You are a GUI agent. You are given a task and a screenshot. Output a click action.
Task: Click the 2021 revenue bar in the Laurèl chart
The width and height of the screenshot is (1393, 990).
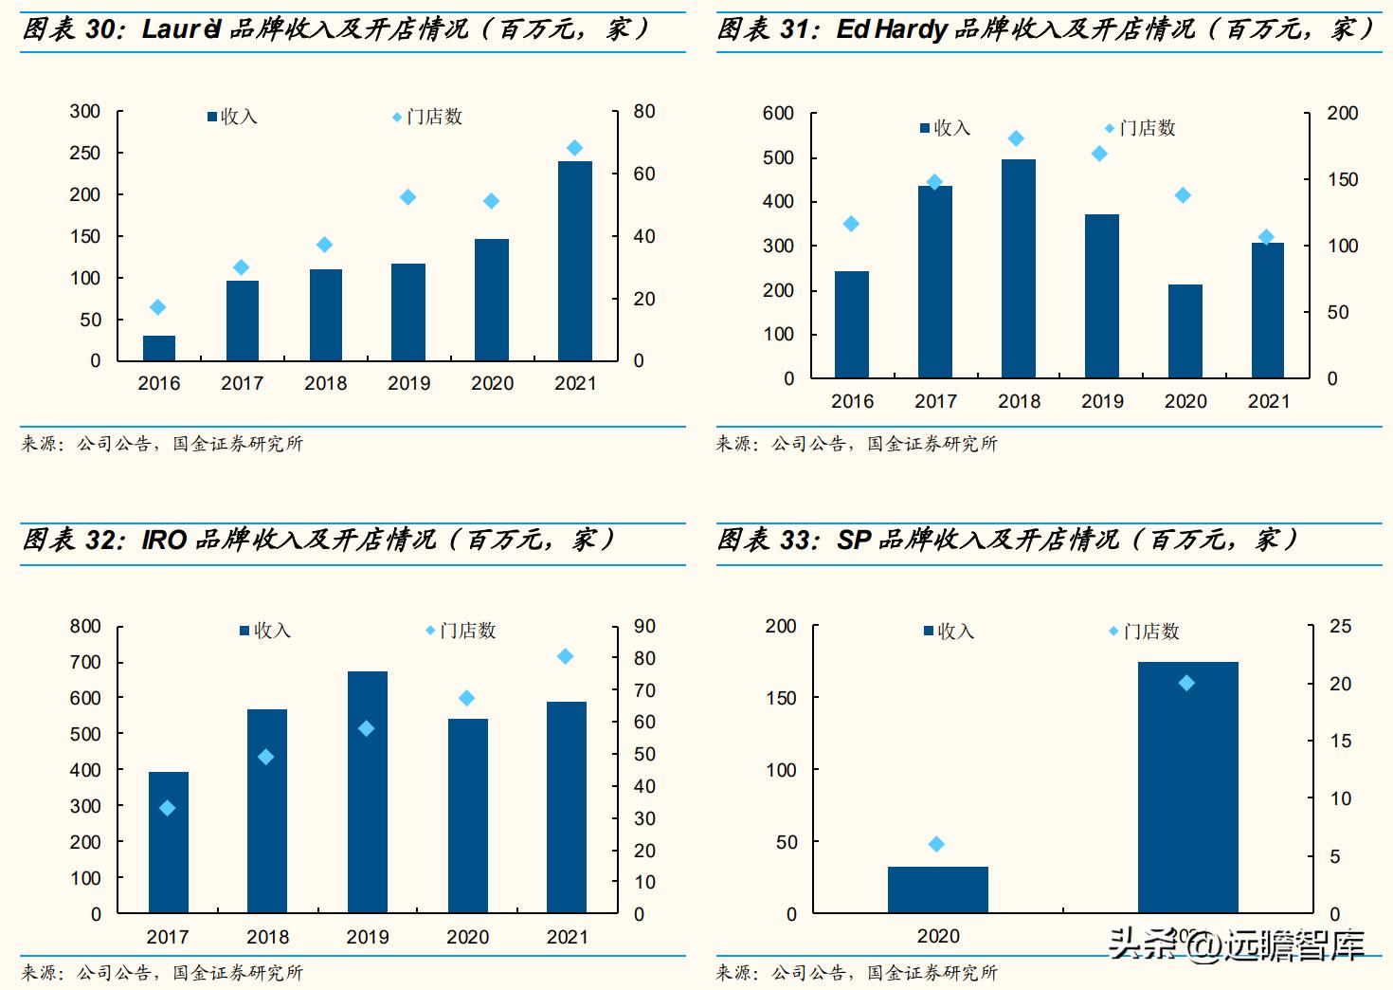575,261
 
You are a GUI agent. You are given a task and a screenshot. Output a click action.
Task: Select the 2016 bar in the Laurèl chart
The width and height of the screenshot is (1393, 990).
159,348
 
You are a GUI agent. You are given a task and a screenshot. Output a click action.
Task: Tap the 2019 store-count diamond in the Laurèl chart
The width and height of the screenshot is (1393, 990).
408,197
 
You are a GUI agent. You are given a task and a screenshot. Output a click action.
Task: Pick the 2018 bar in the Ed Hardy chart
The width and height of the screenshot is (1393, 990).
1019,268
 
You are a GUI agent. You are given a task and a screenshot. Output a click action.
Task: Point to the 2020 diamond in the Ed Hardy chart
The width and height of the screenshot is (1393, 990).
1183,195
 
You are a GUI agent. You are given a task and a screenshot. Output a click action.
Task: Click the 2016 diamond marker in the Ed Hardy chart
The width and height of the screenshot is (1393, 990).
851,224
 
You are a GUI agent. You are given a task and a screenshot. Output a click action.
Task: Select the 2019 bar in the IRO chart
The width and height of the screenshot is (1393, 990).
368,792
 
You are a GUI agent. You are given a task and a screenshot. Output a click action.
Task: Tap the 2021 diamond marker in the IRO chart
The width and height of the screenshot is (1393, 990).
565,656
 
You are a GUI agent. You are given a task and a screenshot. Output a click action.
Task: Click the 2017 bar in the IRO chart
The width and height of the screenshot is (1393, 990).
169,842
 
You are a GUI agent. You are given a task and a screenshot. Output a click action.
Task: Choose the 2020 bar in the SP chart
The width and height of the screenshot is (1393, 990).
937,889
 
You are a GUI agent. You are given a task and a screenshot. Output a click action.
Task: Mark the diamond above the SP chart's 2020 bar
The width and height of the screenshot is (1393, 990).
936,844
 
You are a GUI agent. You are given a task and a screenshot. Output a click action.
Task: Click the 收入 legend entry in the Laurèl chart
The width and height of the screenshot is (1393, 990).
232,117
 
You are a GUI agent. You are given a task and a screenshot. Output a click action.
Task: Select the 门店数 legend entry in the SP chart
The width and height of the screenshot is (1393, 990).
1145,632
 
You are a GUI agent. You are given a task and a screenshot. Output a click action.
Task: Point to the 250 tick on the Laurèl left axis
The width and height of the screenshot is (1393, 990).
85,153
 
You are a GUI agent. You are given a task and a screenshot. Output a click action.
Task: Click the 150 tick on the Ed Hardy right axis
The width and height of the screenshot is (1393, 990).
1342,179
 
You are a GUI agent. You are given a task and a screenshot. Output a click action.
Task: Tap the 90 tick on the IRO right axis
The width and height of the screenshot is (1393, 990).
644,626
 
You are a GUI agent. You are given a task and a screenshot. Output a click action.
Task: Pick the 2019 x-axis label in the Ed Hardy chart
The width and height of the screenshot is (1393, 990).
1102,401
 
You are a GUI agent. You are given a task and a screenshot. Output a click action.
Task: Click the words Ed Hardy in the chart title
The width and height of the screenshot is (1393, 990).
891,29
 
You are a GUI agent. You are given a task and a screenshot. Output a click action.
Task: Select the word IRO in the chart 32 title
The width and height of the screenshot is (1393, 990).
164,541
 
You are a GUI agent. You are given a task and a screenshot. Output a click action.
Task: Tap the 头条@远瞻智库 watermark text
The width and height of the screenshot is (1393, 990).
1238,944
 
